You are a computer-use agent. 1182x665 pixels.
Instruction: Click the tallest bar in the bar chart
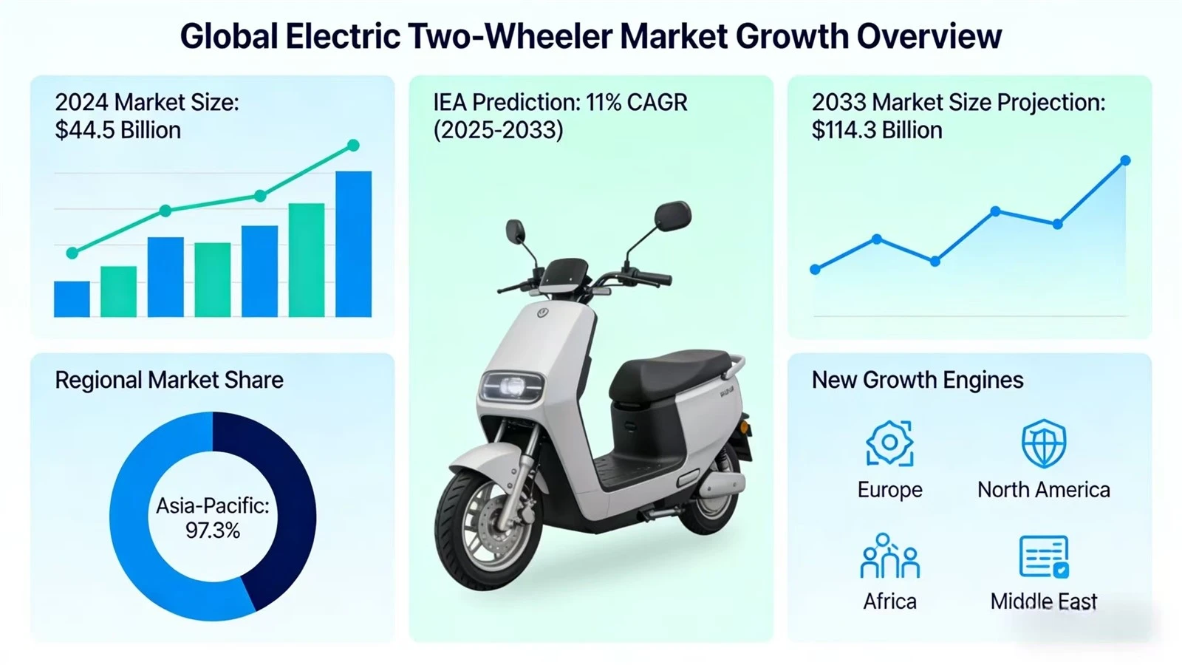click(x=354, y=244)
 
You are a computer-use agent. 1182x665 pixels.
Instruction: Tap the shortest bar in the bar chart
click(x=72, y=299)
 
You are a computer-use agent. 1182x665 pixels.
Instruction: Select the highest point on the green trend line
click(x=354, y=145)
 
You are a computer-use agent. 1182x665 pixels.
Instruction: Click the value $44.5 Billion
click(x=117, y=130)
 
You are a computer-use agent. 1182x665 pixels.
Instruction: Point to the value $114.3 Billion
click(x=876, y=130)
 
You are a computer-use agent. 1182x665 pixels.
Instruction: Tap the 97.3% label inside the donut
click(x=213, y=531)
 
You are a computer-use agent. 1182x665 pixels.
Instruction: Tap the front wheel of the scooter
click(x=488, y=527)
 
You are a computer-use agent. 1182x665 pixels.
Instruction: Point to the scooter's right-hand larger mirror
click(x=673, y=216)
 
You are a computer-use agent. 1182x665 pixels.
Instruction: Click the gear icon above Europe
click(x=889, y=443)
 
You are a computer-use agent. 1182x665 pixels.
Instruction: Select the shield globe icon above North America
click(x=1044, y=443)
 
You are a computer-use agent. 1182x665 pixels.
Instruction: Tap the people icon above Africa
click(x=889, y=556)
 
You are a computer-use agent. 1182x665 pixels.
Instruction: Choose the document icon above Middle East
click(x=1045, y=557)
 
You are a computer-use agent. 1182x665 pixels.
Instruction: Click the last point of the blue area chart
click(x=1125, y=160)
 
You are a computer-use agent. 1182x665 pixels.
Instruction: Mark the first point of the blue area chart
click(x=816, y=270)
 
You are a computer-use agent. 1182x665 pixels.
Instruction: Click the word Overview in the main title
click(x=929, y=36)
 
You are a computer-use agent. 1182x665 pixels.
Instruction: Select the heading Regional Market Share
click(x=169, y=380)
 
